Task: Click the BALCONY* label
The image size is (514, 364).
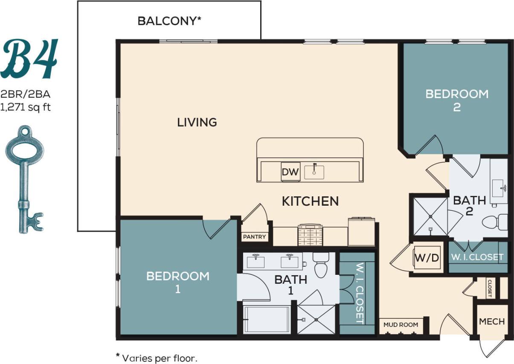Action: tap(169, 21)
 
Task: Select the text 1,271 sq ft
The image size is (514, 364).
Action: tap(26, 108)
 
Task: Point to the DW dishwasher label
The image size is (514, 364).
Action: tap(290, 173)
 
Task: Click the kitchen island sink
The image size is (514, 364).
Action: tap(314, 172)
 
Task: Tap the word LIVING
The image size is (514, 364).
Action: tap(197, 122)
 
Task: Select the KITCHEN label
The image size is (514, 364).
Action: tap(310, 201)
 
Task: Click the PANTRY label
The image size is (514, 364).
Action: tap(254, 237)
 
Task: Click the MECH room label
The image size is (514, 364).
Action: tap(492, 322)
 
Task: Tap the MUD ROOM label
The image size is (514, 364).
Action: tap(401, 325)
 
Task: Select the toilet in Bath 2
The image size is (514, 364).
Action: tap(495, 222)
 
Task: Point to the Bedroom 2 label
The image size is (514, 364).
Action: tap(457, 100)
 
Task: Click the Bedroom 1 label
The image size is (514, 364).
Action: tap(178, 282)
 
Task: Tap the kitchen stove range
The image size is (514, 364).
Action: tap(310, 235)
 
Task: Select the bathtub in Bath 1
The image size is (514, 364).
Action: tap(267, 320)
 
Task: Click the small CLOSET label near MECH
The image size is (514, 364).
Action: tap(491, 288)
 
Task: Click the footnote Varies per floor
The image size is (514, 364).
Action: tap(157, 357)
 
